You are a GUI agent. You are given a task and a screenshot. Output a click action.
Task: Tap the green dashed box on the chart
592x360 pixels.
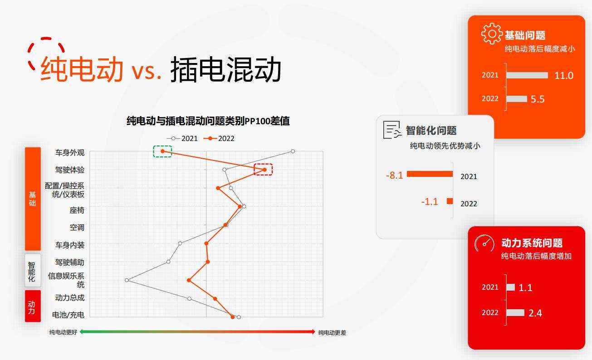[x=162, y=151]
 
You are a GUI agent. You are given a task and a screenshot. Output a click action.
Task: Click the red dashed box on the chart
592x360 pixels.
[x=264, y=170]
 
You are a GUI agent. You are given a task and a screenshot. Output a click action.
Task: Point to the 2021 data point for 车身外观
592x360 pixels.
[x=293, y=151]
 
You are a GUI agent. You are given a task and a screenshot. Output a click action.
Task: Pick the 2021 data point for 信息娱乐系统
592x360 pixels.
[x=127, y=280]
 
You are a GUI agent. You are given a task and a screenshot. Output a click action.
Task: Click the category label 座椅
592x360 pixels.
[x=77, y=210]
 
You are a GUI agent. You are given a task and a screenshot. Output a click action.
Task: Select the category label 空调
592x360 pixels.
[x=77, y=228]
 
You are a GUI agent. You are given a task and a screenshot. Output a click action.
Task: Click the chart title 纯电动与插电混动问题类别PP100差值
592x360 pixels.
[x=208, y=121]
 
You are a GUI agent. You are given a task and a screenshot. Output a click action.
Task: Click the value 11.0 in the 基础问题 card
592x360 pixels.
[x=563, y=76]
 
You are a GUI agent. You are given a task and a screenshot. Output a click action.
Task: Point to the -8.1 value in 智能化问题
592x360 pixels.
[x=394, y=175]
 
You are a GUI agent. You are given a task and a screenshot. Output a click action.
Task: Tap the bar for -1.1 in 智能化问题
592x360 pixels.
[x=450, y=201]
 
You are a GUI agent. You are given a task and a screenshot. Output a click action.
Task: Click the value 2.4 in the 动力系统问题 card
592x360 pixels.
[x=535, y=313]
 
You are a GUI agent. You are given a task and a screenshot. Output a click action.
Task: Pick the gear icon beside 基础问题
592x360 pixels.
[x=492, y=34]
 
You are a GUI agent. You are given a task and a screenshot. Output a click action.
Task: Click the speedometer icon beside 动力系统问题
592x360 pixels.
[x=484, y=243]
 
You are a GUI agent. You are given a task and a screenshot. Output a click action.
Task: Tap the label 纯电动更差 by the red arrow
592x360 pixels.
[x=332, y=332]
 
